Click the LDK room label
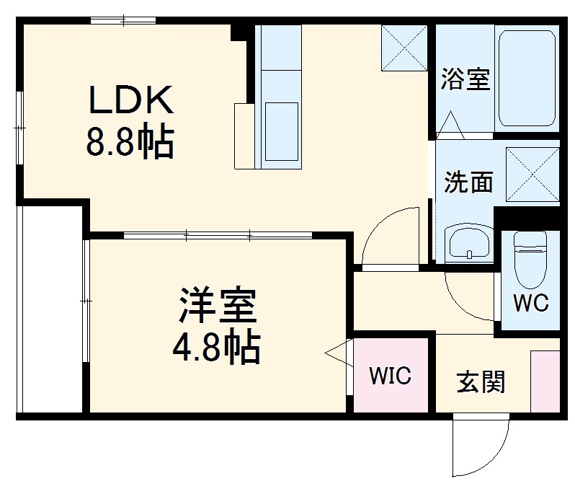click(130, 101)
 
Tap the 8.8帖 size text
click(130, 143)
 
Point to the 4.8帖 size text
click(216, 348)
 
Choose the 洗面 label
click(468, 182)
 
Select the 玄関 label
click(481, 381)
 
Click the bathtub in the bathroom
click(528, 78)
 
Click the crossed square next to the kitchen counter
click(404, 48)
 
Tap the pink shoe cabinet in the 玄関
click(545, 381)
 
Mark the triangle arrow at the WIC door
click(337, 353)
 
